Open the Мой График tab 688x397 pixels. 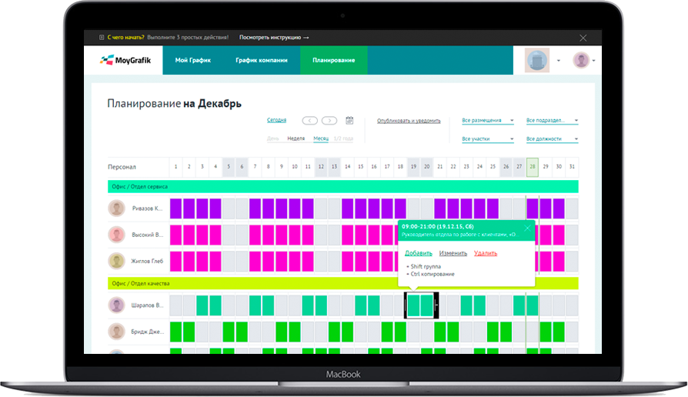pos(192,60)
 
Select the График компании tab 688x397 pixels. pos(262,60)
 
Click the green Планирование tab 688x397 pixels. pos(333,60)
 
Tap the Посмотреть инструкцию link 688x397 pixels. pos(274,37)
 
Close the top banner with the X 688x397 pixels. pos(583,37)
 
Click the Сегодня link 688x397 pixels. pos(276,120)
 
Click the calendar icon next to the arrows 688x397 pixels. pos(349,120)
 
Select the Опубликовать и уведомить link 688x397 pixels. pos(408,121)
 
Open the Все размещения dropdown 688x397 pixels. pos(487,121)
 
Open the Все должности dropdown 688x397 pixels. pos(552,139)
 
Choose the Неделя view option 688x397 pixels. pos(296,138)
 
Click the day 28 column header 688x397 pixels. pos(532,166)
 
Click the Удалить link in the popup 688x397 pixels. pos(485,252)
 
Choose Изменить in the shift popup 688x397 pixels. pos(453,252)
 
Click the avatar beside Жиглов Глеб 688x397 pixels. pos(116,260)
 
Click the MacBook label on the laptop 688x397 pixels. pos(343,374)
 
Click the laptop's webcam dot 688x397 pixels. pos(343,16)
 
